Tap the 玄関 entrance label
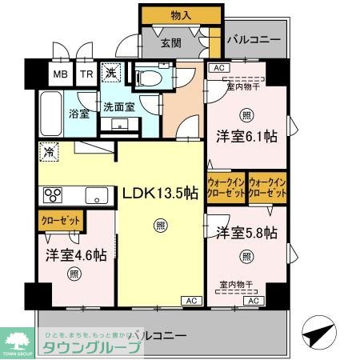pyautogui.click(x=170, y=44)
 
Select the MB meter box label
pyautogui.click(x=61, y=74)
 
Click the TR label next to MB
pyautogui.click(x=86, y=74)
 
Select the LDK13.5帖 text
pyautogui.click(x=160, y=192)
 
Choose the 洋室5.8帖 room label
pyautogui.click(x=246, y=233)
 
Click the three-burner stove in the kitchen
pyautogui.click(x=53, y=195)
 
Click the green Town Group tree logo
pyautogui.click(x=18, y=335)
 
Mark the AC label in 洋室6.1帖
pyautogui.click(x=218, y=69)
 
